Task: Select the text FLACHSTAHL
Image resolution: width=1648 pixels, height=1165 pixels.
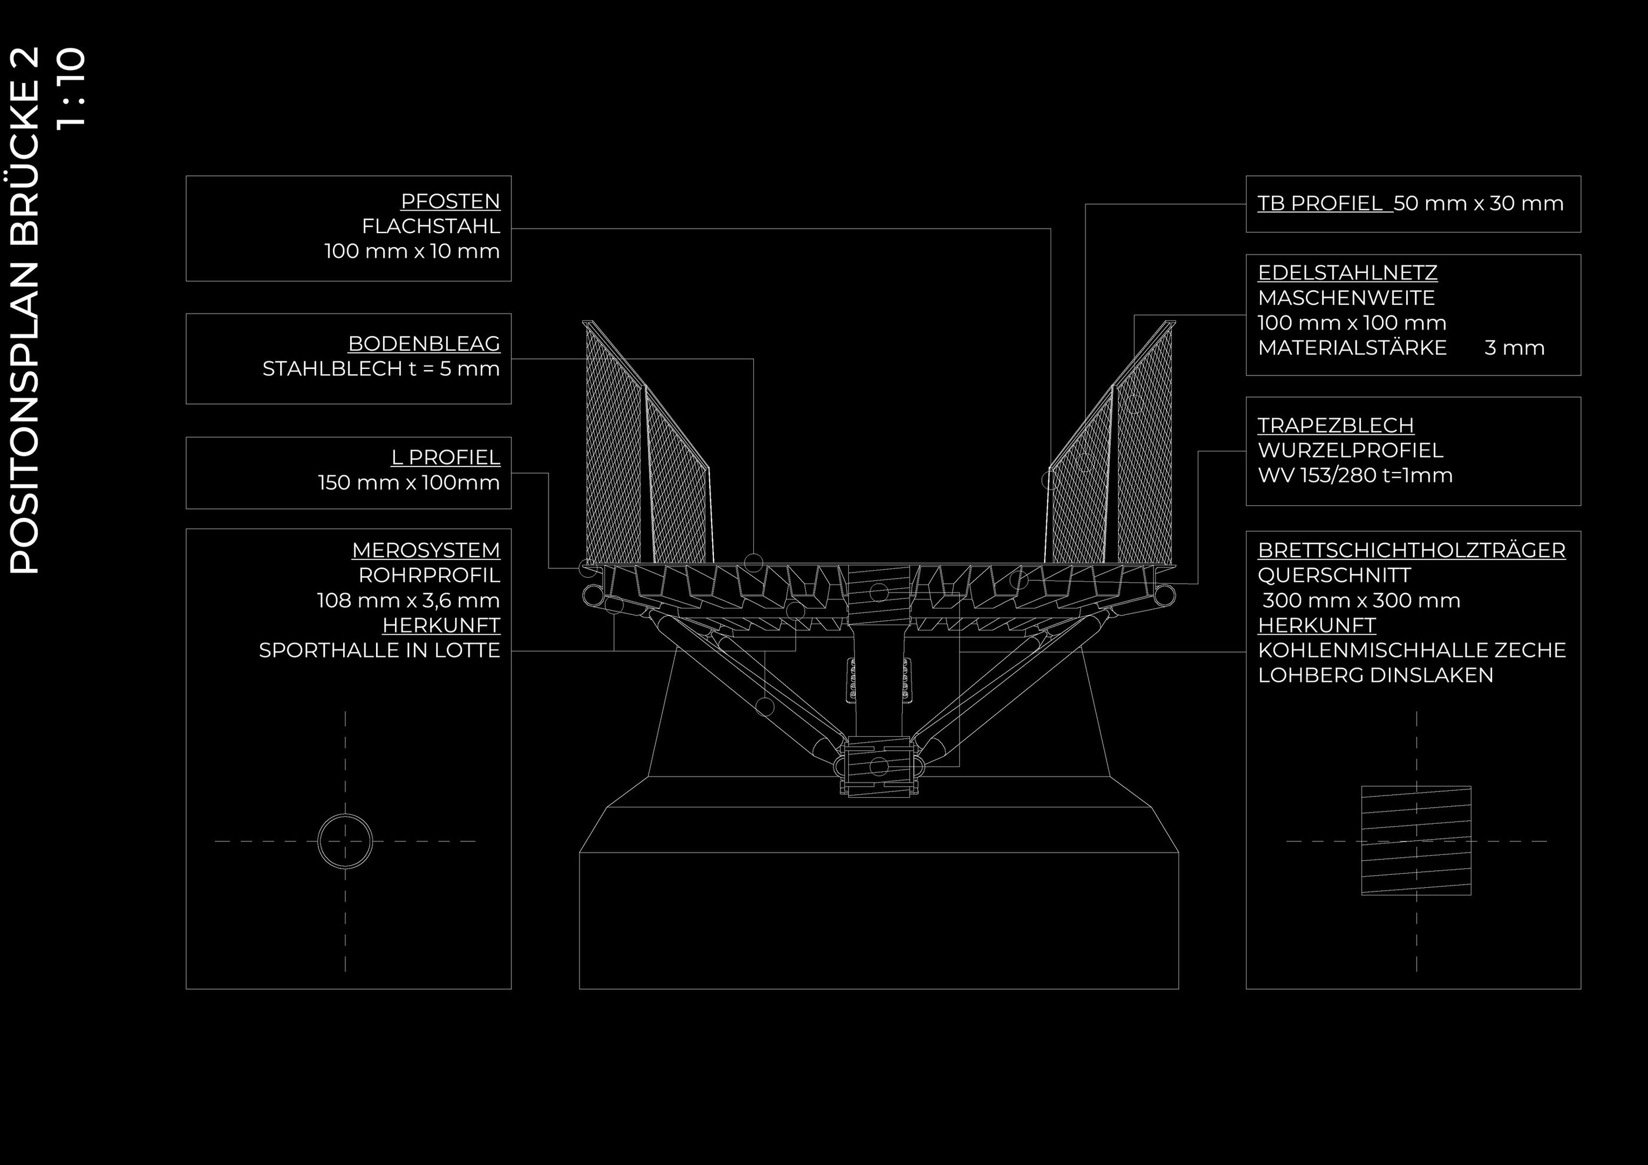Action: pyautogui.click(x=431, y=226)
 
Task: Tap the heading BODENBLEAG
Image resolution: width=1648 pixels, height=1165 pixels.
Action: pyautogui.click(x=424, y=344)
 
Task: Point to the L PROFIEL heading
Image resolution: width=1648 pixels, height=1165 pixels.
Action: pyautogui.click(x=445, y=457)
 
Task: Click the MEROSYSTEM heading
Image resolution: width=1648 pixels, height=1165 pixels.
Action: pyautogui.click(x=426, y=550)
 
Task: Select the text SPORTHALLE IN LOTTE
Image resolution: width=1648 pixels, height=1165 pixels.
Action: pyautogui.click(x=379, y=650)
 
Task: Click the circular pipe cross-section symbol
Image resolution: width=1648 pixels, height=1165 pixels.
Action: pyautogui.click(x=345, y=841)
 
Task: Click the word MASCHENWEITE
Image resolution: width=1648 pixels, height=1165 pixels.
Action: pyautogui.click(x=1346, y=298)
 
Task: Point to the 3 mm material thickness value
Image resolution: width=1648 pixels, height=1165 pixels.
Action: pyautogui.click(x=1514, y=348)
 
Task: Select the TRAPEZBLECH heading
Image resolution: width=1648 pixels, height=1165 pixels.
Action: pyautogui.click(x=1335, y=425)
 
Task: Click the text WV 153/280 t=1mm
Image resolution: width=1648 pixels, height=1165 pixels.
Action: pyautogui.click(x=1354, y=475)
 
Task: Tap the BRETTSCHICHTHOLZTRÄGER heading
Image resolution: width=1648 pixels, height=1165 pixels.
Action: pyautogui.click(x=1411, y=550)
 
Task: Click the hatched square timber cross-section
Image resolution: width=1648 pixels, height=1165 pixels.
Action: pyautogui.click(x=1416, y=840)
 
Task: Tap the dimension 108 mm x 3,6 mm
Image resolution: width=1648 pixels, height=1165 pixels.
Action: pyautogui.click(x=408, y=600)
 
